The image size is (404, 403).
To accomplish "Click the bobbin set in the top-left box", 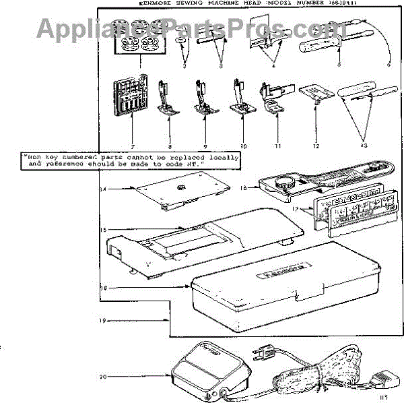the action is click(x=129, y=44).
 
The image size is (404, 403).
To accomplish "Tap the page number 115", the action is click(x=383, y=398).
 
